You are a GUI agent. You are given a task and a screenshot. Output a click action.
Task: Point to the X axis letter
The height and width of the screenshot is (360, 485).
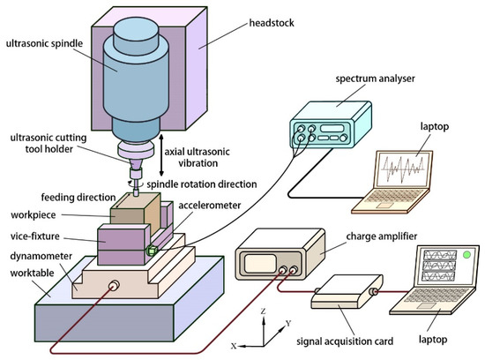(234, 347)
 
